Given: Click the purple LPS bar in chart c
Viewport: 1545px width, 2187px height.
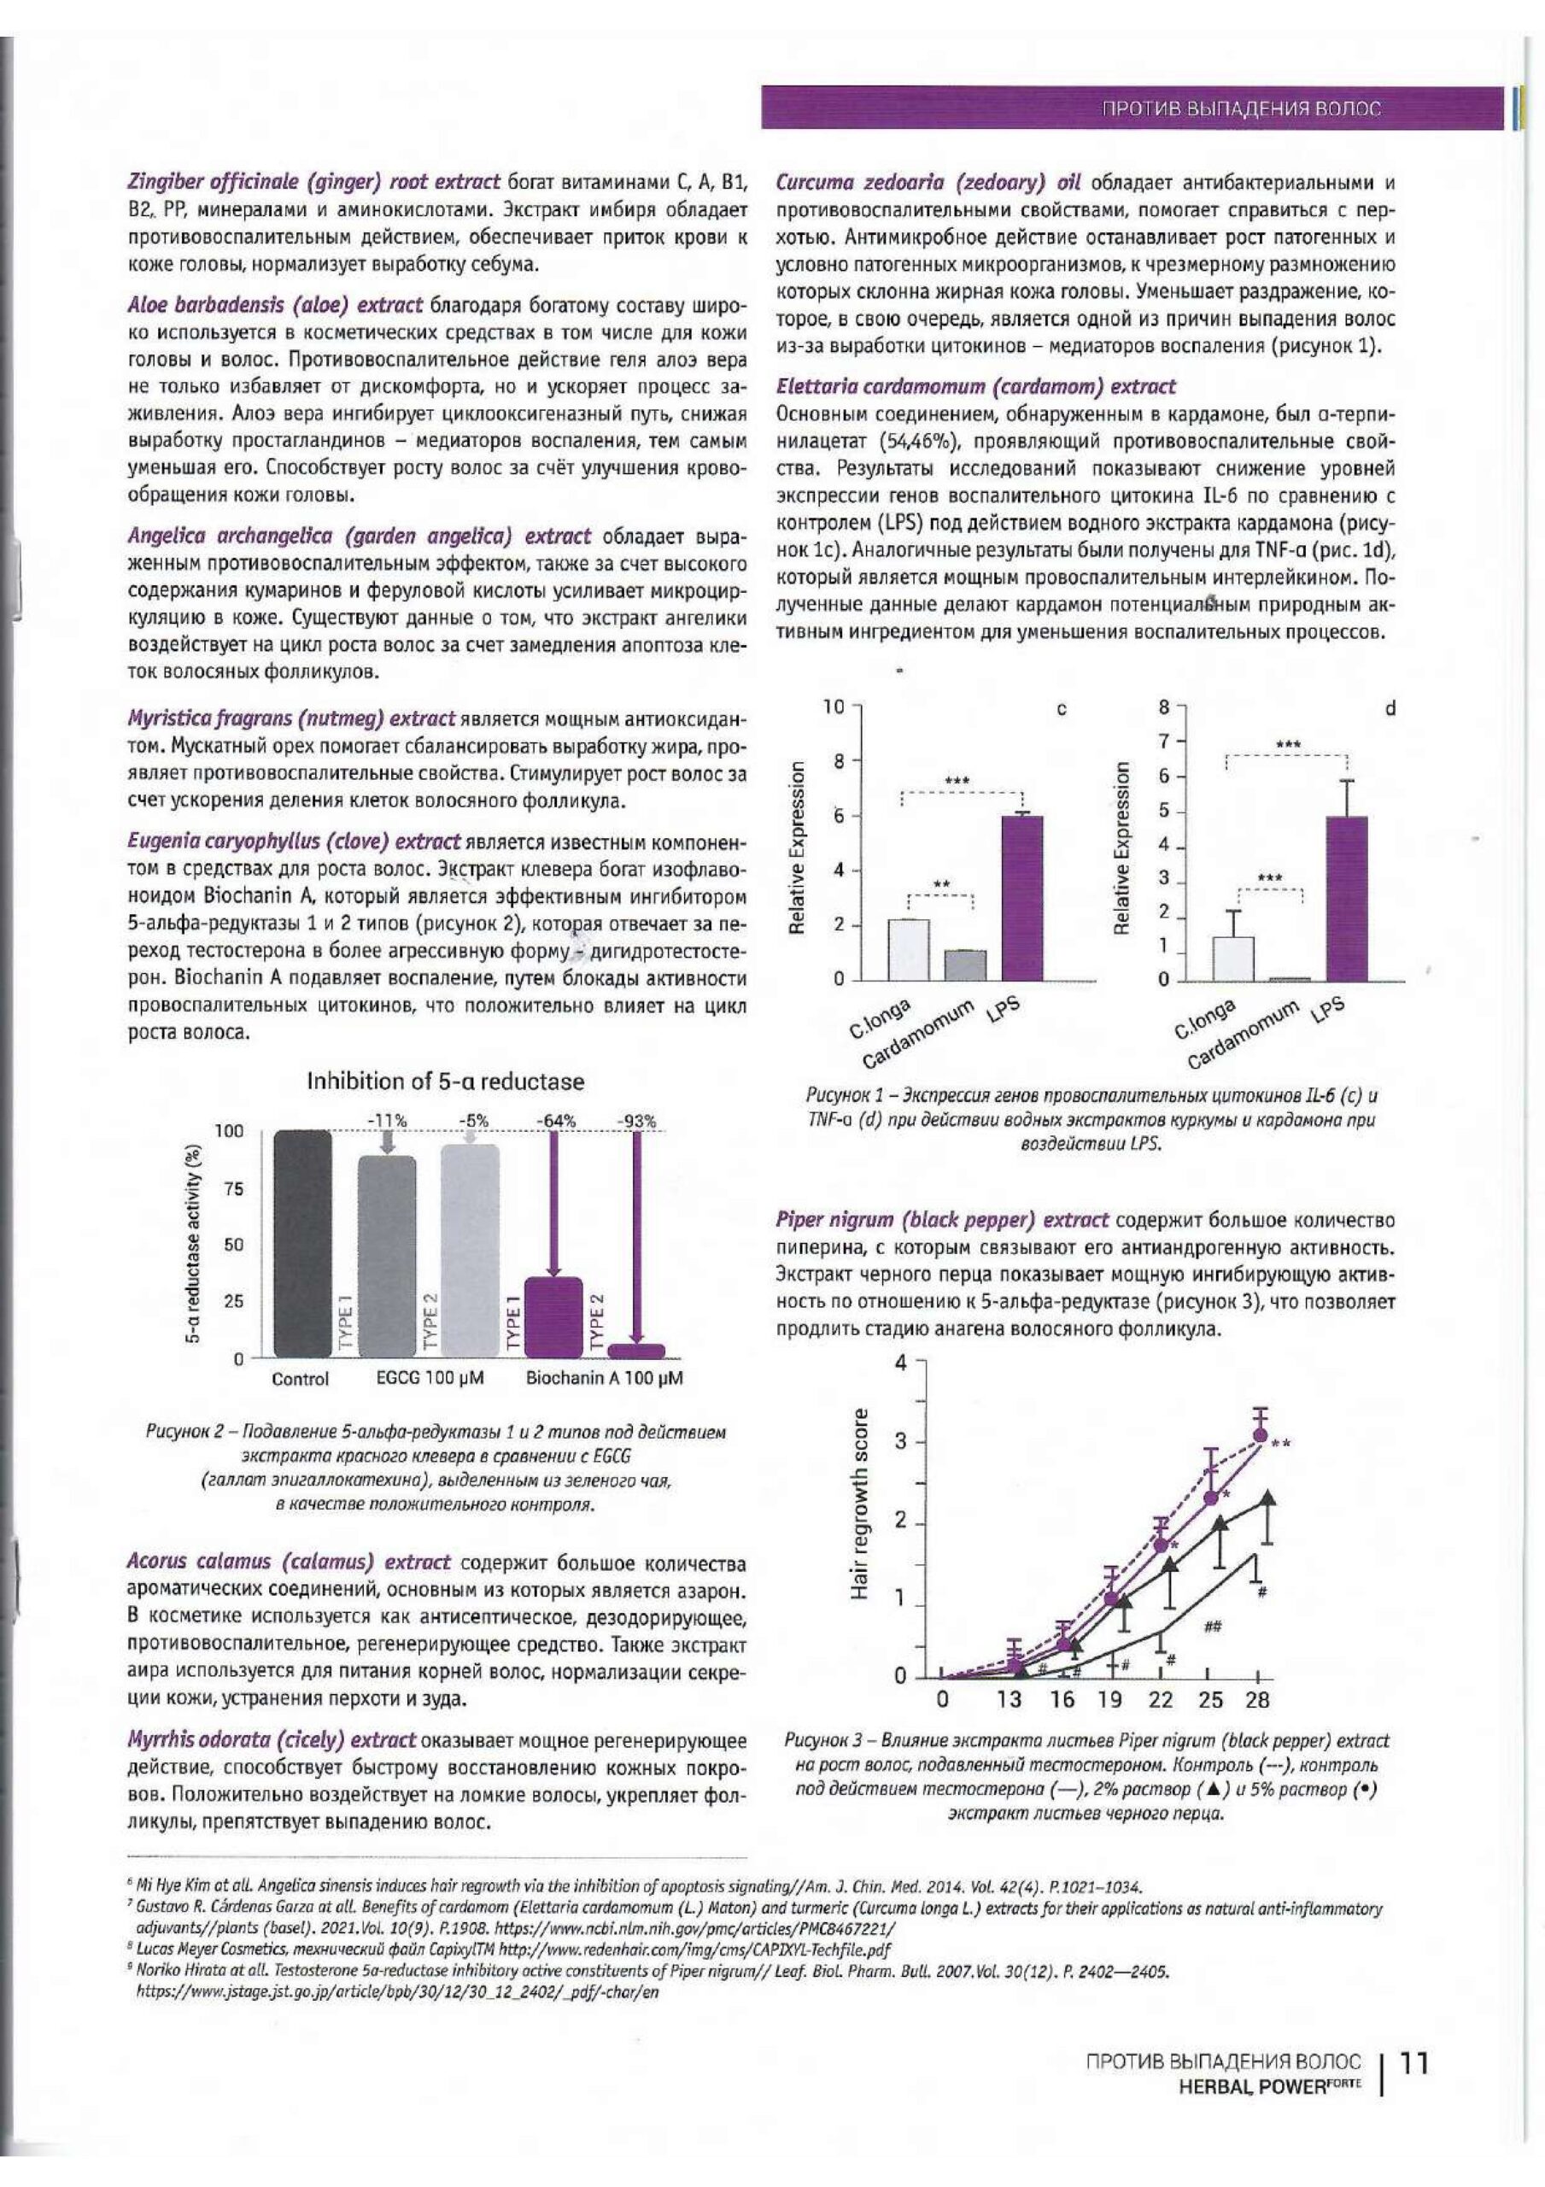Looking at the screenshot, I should (1021, 897).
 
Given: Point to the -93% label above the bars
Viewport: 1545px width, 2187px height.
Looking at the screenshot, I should (636, 1121).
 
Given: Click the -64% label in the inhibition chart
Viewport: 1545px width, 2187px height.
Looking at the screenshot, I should (556, 1121).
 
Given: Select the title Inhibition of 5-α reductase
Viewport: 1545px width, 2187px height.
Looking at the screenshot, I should (445, 1082).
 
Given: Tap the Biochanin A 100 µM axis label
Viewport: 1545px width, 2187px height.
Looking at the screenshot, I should (604, 1378).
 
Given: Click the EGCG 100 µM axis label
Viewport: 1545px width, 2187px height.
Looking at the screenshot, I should (424, 1378).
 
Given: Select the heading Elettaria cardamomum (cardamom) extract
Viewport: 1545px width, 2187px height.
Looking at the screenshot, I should (976, 387).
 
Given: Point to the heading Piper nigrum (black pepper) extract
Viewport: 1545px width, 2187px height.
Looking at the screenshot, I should (943, 1220).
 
